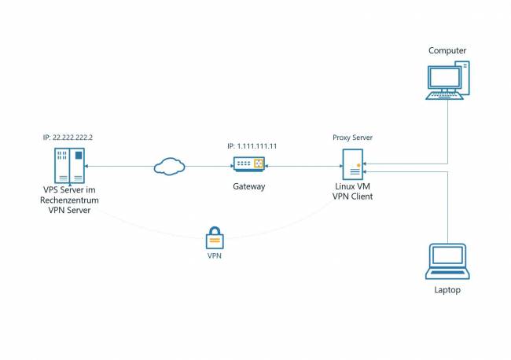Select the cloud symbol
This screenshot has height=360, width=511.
click(169, 166)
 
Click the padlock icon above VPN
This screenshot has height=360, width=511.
click(213, 238)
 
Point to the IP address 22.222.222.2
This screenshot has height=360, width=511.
click(68, 138)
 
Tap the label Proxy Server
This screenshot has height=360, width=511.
click(352, 138)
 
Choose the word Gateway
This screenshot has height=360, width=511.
click(248, 187)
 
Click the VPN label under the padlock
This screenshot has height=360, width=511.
click(213, 257)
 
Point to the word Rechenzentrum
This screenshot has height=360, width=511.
click(69, 200)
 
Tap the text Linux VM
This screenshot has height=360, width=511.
click(352, 186)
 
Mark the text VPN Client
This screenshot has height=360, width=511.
click(352, 197)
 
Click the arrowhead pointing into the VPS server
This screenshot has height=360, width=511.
click(86, 167)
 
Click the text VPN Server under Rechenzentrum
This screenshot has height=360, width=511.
click(69, 211)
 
